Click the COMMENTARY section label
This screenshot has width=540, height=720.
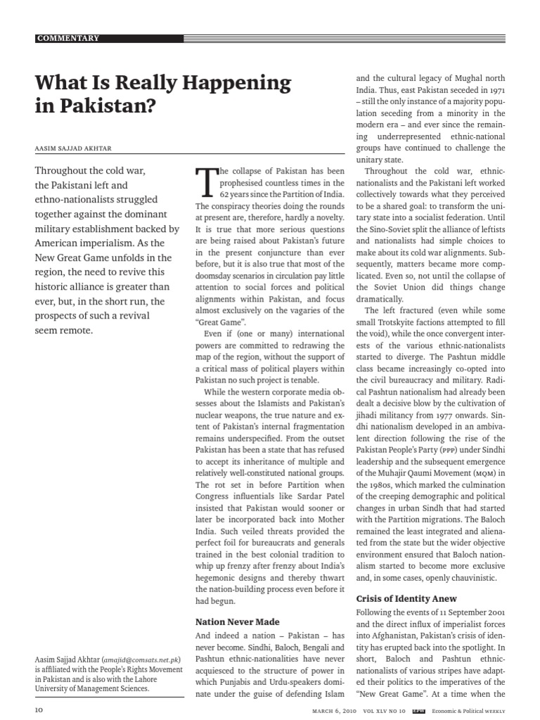point(68,38)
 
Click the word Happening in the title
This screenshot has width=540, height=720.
point(238,84)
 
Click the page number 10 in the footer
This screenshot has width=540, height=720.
point(39,710)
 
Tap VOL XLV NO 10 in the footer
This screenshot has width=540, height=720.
point(385,710)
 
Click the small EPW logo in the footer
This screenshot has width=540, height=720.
point(418,710)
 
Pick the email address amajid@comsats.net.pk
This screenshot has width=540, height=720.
point(143,660)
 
